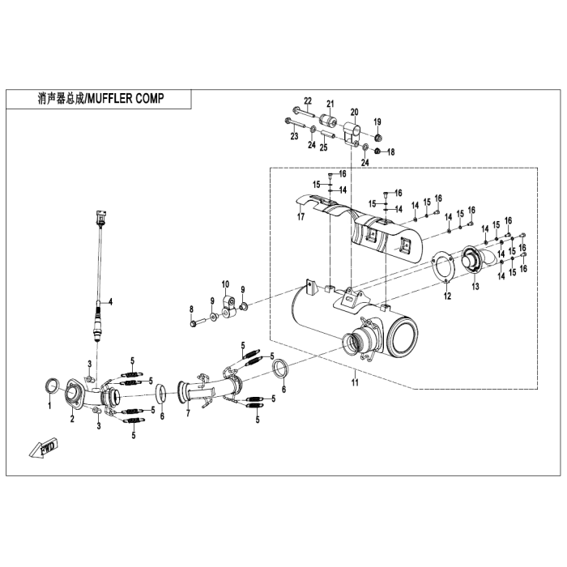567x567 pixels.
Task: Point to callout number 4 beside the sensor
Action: point(111,301)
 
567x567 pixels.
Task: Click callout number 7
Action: point(187,415)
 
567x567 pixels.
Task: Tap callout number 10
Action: point(226,284)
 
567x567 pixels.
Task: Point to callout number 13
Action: point(475,287)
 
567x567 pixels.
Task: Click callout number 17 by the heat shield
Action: point(300,216)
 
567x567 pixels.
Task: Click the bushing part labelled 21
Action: point(329,123)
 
